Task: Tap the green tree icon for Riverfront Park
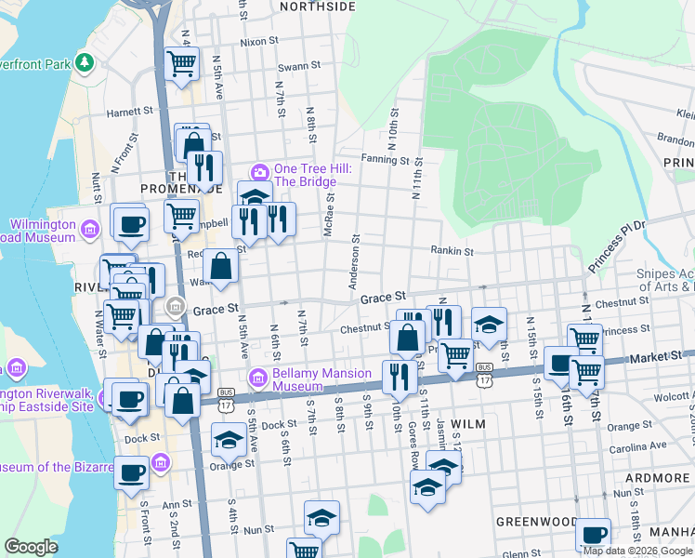coord(85,62)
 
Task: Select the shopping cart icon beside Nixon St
coord(182,63)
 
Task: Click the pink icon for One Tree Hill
coord(260,172)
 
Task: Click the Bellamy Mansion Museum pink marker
coord(258,377)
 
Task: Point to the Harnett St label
coord(129,111)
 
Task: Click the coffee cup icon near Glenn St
coord(593,535)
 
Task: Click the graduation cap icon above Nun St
coord(321,517)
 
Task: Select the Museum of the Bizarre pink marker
coord(160,462)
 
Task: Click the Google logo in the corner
coord(31,547)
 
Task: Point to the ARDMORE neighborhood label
coord(656,478)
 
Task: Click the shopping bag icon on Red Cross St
coord(222,267)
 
